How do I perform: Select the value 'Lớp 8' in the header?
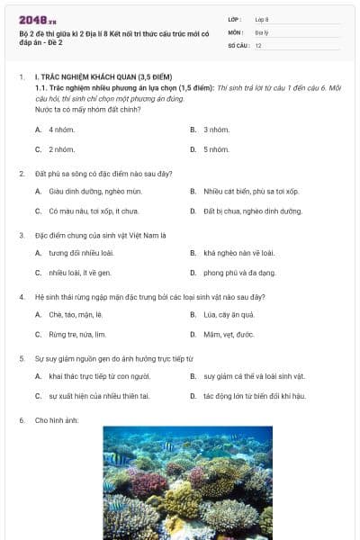tap(262, 19)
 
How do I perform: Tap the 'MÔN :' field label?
tap(237, 31)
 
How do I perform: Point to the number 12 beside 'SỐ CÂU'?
tap(258, 45)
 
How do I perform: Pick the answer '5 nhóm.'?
tap(216, 149)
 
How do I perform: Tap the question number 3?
tap(22, 235)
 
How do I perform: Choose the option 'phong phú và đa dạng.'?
tap(238, 272)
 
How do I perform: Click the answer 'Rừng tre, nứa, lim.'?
tap(77, 334)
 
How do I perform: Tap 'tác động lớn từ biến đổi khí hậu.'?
tap(254, 395)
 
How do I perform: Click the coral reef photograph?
tap(187, 482)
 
